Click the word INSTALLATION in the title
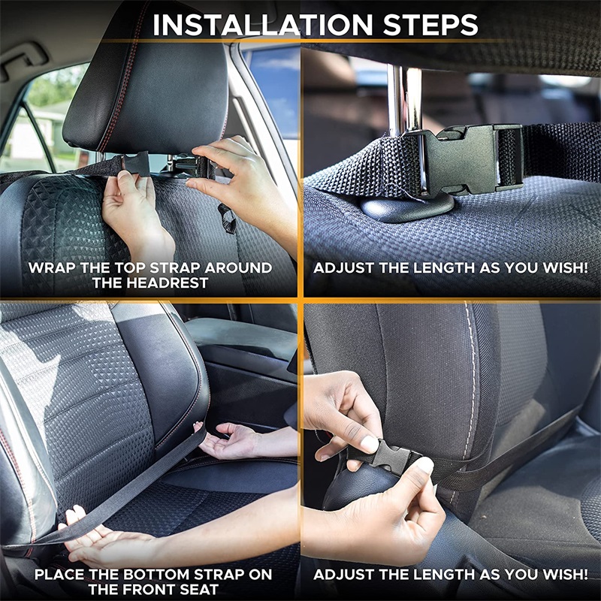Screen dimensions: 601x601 pos(262,25)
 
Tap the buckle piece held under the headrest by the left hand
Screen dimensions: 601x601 pos(136,164)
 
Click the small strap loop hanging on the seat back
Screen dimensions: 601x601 pos(227,219)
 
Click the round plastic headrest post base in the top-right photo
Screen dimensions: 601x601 pos(407,207)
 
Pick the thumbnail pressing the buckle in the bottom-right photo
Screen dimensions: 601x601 pos(369,444)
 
